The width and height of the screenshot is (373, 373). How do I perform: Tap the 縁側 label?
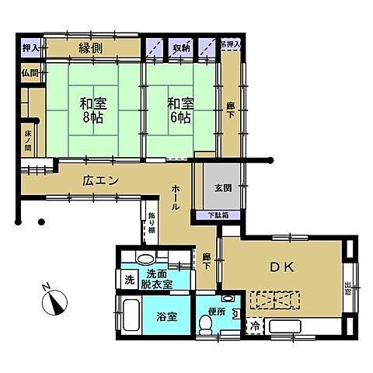point(92,47)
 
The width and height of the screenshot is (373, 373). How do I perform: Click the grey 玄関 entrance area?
point(221,186)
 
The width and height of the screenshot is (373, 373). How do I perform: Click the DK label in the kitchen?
point(281,267)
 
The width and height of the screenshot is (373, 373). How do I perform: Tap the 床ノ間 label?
point(28,141)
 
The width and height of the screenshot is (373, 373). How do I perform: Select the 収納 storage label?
point(181,47)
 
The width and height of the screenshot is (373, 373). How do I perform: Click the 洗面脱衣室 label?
point(163,279)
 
